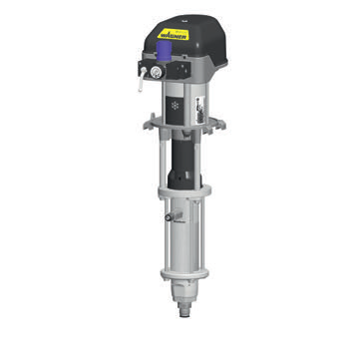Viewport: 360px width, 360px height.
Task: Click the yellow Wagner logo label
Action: tap(174, 34)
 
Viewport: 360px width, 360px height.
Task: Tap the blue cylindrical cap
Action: tap(164, 51)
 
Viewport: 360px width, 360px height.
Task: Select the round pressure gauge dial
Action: tap(156, 72)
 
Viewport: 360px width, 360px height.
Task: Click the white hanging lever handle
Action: tap(142, 80)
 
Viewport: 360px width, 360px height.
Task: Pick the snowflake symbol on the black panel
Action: tap(175, 106)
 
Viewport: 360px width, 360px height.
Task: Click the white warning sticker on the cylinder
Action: tap(200, 110)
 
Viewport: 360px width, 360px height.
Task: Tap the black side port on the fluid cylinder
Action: tap(169, 217)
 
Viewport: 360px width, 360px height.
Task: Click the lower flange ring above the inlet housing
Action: tap(184, 274)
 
